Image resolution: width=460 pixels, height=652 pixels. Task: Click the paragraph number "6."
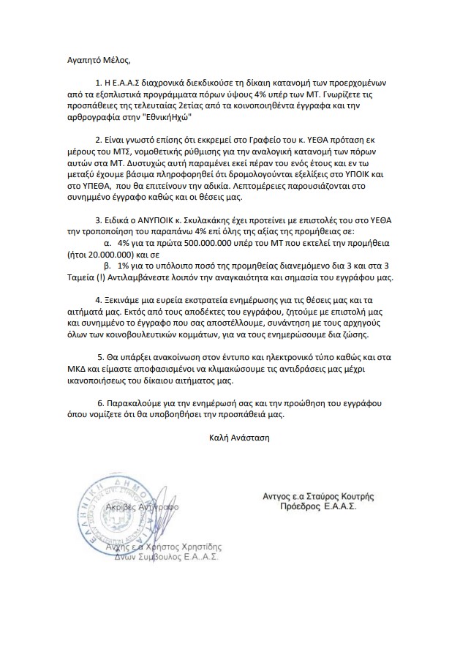click(100, 404)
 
